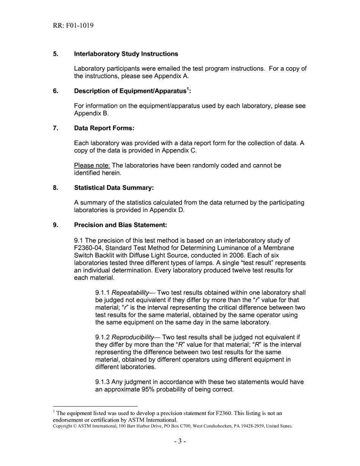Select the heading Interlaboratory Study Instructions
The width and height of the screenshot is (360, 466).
pos(126,54)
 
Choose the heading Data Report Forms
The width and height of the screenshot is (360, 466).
pos(104,128)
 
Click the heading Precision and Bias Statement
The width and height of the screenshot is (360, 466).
pos(121,225)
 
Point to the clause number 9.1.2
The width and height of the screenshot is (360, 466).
pos(102,337)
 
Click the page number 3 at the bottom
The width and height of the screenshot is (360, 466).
pos(180,442)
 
